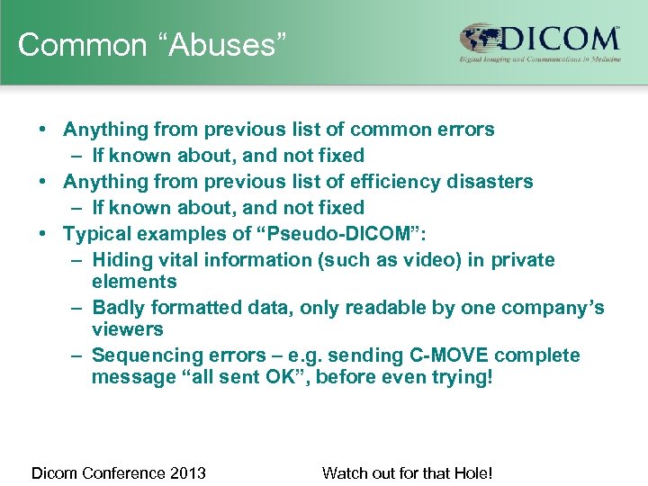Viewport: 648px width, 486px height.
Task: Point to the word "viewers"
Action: pos(127,329)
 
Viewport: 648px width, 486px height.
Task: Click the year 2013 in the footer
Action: pos(188,472)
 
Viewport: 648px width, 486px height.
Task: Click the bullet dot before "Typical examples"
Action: pos(42,234)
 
